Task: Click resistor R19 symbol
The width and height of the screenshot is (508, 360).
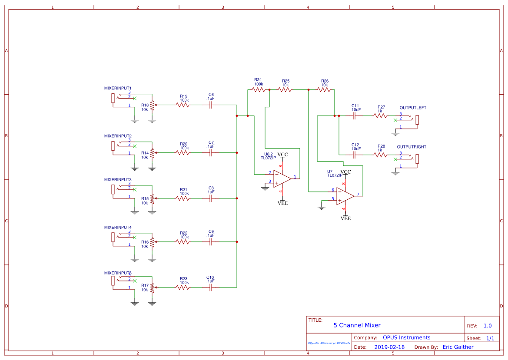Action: tap(183, 105)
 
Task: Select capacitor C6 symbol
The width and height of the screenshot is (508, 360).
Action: tap(211, 105)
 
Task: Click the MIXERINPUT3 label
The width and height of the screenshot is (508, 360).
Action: tap(118, 179)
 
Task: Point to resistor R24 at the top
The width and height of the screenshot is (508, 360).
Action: tap(259, 90)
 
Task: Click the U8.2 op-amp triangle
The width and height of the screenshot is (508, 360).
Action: tap(282, 177)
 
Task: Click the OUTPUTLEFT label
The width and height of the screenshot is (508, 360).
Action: tap(413, 108)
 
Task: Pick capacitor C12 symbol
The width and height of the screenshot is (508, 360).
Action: tap(355, 155)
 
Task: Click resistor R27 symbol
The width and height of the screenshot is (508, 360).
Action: tap(380, 116)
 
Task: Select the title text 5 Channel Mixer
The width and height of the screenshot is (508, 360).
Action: tap(357, 325)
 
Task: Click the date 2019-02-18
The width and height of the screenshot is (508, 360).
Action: tap(389, 347)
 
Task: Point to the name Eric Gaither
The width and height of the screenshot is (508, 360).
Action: tap(458, 347)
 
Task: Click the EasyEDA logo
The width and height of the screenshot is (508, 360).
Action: tap(329, 343)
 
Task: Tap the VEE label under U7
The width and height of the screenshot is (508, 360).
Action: tap(345, 218)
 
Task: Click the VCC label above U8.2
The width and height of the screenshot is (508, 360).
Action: tap(282, 155)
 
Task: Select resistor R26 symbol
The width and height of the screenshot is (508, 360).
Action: tap(324, 90)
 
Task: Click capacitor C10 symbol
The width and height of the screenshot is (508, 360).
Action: tap(211, 287)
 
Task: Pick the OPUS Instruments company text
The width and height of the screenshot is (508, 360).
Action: tap(406, 337)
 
